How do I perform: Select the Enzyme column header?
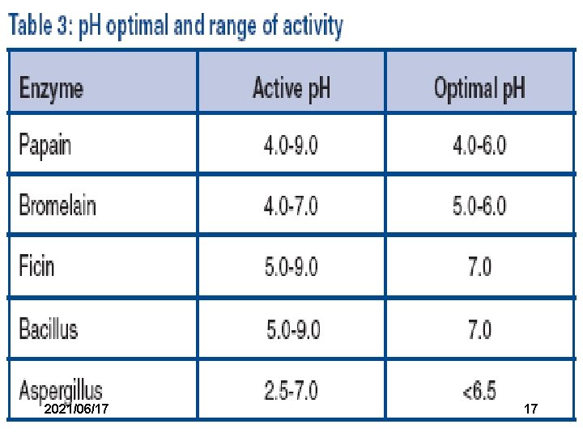coord(51,89)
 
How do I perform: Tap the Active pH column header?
coord(291,88)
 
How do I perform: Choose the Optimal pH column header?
coord(479,88)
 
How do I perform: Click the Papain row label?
coord(45,146)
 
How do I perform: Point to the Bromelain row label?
coord(57,205)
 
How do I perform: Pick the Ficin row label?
coord(36,265)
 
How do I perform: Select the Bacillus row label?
coord(49,328)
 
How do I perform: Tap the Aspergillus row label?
coord(61,391)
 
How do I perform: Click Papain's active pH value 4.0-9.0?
coord(291,145)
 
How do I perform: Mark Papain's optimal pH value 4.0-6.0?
coord(479,145)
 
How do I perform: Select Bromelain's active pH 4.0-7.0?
coord(291,206)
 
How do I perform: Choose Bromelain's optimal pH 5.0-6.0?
coord(479,206)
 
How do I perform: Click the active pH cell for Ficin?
coord(291,267)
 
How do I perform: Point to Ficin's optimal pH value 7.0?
coord(480,267)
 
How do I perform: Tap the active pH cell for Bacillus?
coord(293,329)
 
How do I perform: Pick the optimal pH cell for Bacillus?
coord(480,329)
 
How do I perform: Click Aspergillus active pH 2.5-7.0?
coord(291,391)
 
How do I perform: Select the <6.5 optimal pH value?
coord(479,391)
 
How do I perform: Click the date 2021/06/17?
coord(76,409)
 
